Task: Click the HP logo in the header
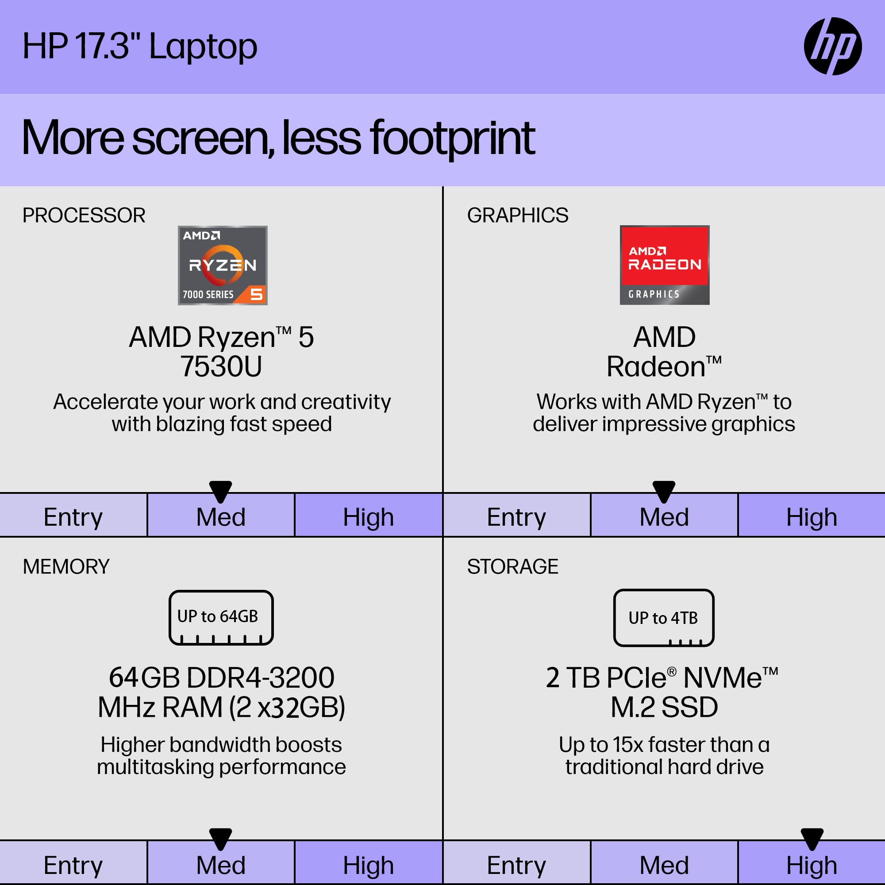[832, 46]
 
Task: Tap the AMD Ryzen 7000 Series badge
[223, 265]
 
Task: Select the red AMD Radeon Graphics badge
[664, 265]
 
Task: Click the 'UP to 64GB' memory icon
[221, 617]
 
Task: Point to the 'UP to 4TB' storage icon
[663, 617]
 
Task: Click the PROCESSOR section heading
[84, 215]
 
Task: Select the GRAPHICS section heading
[517, 215]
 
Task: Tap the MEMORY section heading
[66, 567]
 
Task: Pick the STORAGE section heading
[512, 567]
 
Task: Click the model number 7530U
[221, 366]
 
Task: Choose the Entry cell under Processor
[73, 517]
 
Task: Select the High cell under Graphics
[811, 517]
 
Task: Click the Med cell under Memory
[221, 865]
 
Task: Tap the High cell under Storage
[811, 865]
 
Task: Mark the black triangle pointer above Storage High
[812, 838]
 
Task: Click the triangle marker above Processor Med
[220, 491]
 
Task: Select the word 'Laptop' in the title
[203, 47]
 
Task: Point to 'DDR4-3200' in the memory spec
[260, 677]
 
